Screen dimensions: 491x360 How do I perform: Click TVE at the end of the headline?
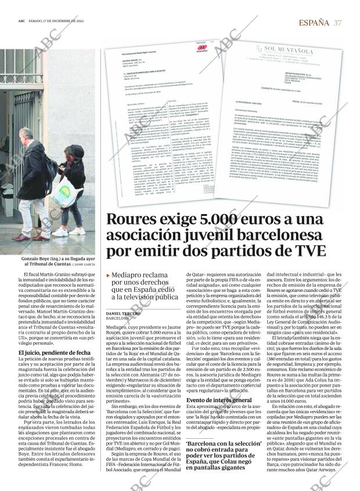tap(308, 251)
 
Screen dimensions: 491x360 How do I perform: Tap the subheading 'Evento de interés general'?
tap(219, 400)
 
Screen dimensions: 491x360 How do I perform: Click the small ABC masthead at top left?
tap(21, 22)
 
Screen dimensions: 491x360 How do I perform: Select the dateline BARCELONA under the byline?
tap(118, 319)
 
